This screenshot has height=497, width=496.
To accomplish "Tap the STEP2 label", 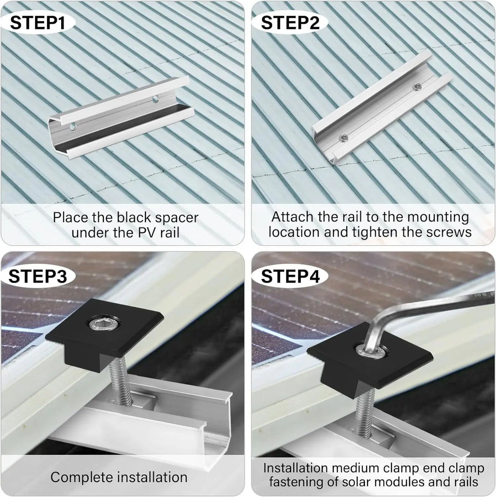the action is (x=290, y=23).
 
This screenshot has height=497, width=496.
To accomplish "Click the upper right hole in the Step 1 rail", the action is (x=155, y=99).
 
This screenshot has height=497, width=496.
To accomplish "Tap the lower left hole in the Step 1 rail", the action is (x=73, y=127).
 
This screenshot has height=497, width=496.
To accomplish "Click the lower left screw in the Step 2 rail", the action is (x=343, y=138).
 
